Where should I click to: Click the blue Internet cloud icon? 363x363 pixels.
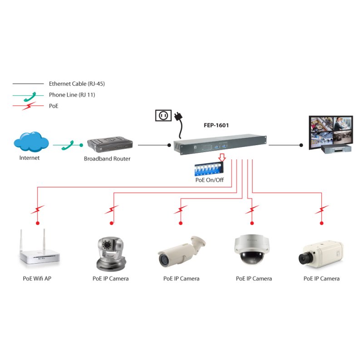31,142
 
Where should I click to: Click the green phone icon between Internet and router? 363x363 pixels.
68,145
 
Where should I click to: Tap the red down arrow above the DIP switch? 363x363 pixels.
221,157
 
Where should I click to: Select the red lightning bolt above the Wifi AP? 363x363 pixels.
38,210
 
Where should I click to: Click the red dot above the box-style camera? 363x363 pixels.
322,224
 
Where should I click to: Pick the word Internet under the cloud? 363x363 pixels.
29,158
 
